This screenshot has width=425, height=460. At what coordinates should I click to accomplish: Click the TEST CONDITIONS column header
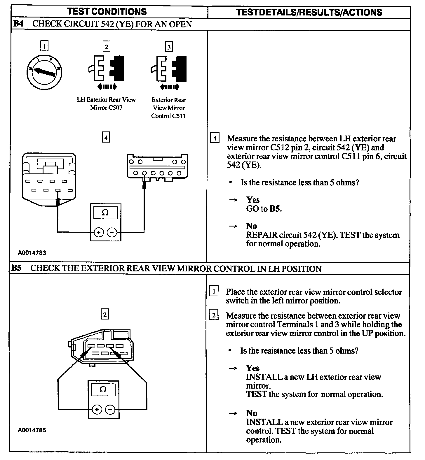(x=107, y=12)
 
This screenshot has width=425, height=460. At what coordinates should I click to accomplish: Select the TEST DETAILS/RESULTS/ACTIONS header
(x=309, y=12)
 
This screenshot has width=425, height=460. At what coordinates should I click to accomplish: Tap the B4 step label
(x=18, y=24)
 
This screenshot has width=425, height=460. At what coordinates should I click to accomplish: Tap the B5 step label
(x=16, y=268)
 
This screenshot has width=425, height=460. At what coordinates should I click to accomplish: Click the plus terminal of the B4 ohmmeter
(x=99, y=232)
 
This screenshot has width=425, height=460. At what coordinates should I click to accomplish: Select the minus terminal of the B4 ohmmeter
(x=112, y=232)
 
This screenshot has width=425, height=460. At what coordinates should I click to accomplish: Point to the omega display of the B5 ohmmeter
(x=103, y=389)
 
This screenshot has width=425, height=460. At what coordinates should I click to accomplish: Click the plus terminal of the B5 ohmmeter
(x=97, y=410)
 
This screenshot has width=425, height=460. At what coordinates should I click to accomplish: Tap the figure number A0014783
(x=32, y=253)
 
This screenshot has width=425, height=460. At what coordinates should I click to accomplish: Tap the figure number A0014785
(x=32, y=430)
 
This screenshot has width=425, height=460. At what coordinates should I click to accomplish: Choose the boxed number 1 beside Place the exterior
(x=214, y=291)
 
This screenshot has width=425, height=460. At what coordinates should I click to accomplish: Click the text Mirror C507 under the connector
(x=106, y=108)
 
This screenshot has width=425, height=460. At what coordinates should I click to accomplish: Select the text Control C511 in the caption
(x=168, y=116)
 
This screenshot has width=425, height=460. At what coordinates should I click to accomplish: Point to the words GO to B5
(x=264, y=209)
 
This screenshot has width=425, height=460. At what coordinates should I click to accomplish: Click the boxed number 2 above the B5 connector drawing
(x=105, y=315)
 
